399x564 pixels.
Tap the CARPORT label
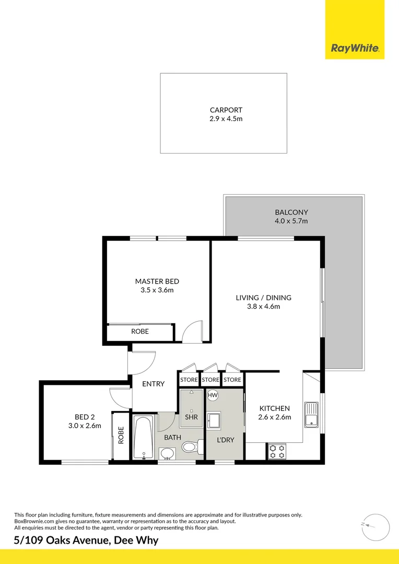226,110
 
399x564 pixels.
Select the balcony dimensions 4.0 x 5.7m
291,221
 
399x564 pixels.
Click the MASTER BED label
157,281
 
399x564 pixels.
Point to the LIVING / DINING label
263,298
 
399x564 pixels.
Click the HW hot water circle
213,396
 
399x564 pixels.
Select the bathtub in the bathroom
143,437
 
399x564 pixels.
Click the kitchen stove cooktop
276,451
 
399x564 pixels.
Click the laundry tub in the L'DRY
214,420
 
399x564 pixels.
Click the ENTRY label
154,384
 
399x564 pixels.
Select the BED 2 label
85,417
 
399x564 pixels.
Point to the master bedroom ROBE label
140,332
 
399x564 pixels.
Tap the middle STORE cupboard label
210,380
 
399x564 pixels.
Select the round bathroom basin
168,453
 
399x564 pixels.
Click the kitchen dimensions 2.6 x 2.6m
275,417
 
